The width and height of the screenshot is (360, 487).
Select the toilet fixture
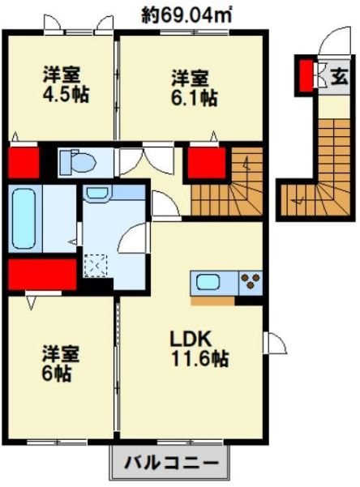point(77,161)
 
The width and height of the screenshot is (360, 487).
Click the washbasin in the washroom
point(97,194)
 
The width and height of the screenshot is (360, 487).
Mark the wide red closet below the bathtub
point(41,275)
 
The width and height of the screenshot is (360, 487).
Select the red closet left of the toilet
point(24,161)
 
